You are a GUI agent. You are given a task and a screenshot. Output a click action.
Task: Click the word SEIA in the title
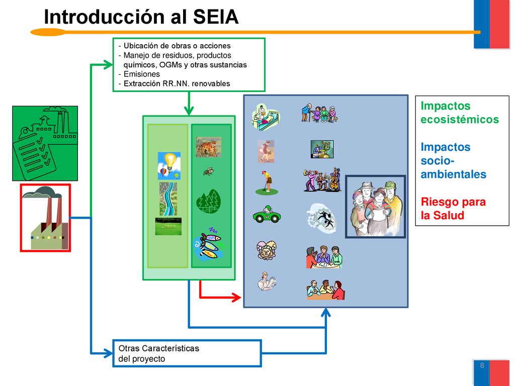click(x=215, y=17)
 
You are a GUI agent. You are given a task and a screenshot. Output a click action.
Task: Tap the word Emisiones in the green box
click(x=141, y=74)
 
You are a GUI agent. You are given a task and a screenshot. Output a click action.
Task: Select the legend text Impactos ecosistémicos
click(x=460, y=112)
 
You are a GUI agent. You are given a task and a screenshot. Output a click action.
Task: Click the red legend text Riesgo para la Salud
click(x=453, y=209)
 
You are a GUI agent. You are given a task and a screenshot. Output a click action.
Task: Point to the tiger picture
click(x=209, y=147)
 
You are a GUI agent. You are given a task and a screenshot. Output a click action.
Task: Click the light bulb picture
click(x=169, y=166)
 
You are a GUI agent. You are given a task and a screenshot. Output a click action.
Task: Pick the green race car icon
click(x=267, y=215)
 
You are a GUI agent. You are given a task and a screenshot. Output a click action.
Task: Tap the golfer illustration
click(x=267, y=182)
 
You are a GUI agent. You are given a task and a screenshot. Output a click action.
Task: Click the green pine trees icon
click(x=208, y=202)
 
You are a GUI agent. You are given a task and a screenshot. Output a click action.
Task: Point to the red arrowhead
click(x=237, y=298)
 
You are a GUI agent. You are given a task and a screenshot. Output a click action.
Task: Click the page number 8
click(x=482, y=365)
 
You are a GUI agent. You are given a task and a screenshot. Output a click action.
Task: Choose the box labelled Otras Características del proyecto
click(x=187, y=353)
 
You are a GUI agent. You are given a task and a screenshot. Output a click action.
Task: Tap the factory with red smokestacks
click(x=45, y=218)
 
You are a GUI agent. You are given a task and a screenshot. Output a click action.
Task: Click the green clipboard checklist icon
click(x=45, y=143)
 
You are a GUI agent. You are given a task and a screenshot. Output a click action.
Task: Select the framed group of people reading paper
click(x=376, y=207)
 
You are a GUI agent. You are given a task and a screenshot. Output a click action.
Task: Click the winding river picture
click(x=168, y=199)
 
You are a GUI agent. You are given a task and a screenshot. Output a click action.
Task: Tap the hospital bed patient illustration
click(x=266, y=118)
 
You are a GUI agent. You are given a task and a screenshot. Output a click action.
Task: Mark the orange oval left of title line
click(x=48, y=32)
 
